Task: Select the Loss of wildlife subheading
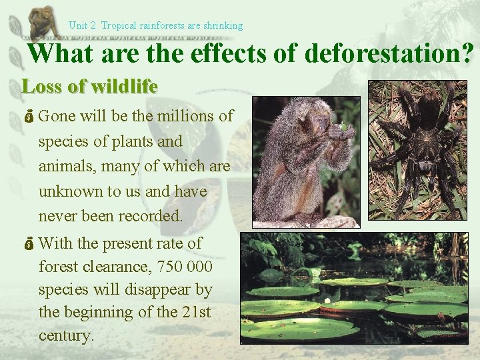point(89,87)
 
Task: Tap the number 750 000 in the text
point(185,267)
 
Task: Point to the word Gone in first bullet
point(57,116)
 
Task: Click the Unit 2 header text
point(83,25)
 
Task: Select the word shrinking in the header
point(223,25)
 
